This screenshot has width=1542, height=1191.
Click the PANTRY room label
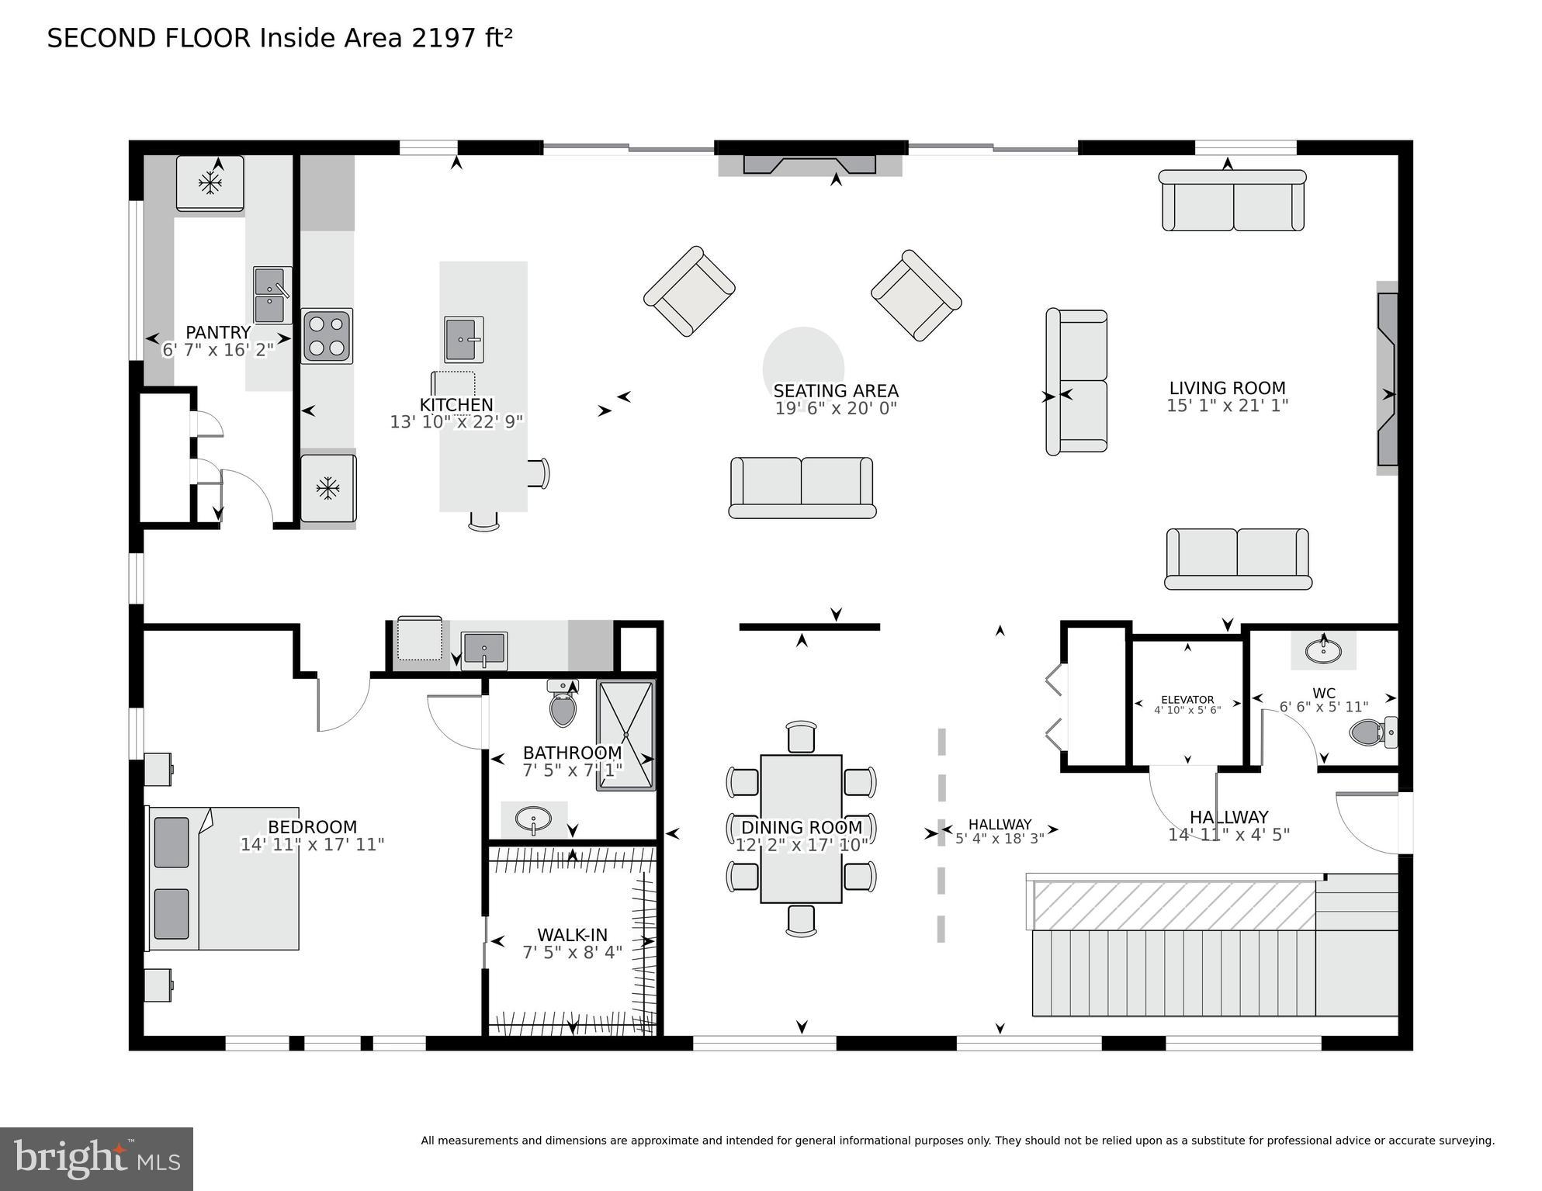click(218, 333)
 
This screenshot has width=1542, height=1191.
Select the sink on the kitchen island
click(463, 340)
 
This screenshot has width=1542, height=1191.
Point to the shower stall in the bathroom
click(625, 735)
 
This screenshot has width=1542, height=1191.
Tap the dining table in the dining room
click(801, 829)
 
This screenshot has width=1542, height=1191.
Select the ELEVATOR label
click(1187, 699)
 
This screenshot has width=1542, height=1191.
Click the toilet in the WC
click(1372, 732)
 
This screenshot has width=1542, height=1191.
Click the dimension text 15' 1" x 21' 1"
click(1227, 406)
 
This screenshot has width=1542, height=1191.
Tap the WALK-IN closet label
click(572, 935)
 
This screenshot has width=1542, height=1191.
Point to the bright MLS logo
click(96, 1158)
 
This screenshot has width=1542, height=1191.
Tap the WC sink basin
click(1323, 650)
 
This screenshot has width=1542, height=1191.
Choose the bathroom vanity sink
click(533, 819)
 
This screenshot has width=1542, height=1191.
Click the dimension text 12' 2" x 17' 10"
click(801, 846)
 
